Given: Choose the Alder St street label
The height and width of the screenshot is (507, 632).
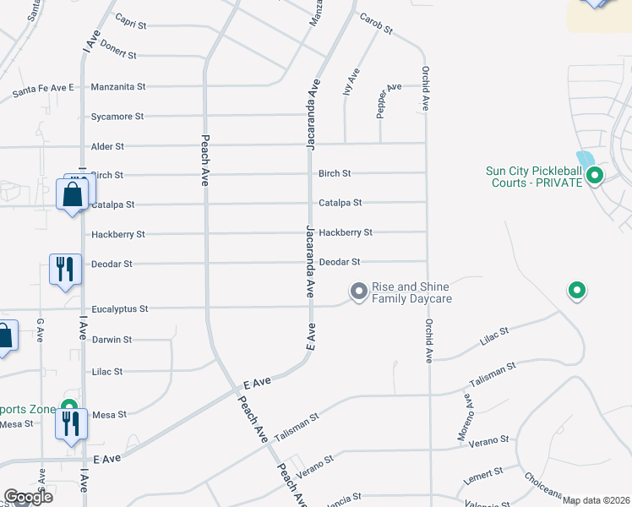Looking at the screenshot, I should pos(107,146).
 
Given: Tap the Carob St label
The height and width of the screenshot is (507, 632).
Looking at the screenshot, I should pos(376,24).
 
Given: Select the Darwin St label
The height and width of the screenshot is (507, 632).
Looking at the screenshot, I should pos(112,340).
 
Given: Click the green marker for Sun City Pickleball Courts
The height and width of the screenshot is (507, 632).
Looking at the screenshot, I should pos(594,177).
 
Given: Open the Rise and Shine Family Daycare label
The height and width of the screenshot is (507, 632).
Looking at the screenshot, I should pos(412,292).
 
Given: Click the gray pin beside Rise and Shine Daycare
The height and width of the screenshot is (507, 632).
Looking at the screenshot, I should pos(358,292).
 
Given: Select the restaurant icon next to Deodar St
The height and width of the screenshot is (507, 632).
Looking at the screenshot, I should pos(65,270).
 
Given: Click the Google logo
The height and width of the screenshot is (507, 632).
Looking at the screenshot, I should pos(28,497).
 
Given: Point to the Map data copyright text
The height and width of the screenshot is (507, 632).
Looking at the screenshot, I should pos(596,500).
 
